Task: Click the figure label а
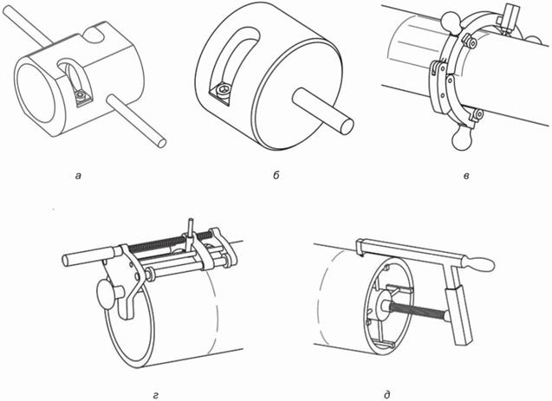78,175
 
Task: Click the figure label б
276,174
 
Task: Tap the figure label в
466,175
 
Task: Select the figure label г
155,396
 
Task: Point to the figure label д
387,395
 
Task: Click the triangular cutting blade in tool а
83,97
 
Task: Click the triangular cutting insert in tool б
221,92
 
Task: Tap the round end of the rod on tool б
345,126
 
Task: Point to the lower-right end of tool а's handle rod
161,143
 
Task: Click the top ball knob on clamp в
451,20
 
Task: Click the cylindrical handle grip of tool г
88,256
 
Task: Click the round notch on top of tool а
95,36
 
